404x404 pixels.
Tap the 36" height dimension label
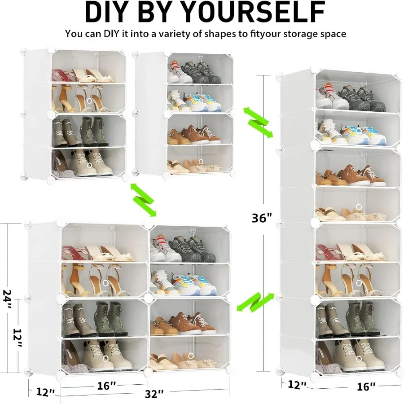(262, 218)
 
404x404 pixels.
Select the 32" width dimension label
(154, 394)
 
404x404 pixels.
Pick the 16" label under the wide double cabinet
(107, 385)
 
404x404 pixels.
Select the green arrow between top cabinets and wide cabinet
(143, 200)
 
